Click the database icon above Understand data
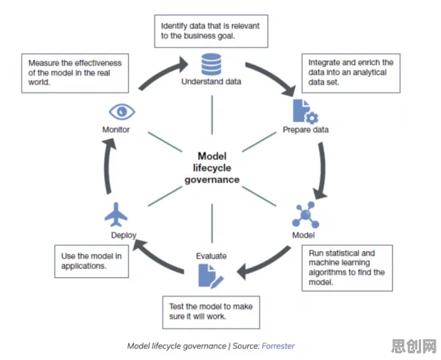[x=211, y=64]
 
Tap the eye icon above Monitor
[x=122, y=112]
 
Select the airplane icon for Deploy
[x=116, y=215]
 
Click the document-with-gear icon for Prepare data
[x=306, y=112]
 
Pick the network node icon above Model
[x=306, y=215]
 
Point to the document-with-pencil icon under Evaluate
[x=211, y=276]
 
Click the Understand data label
[x=211, y=81]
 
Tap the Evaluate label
[x=211, y=256]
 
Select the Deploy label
[x=124, y=236]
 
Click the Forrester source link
[x=278, y=346]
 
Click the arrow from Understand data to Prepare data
[x=274, y=76]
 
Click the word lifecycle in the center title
[x=212, y=168]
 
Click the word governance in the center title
[x=212, y=180]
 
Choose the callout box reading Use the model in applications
[x=92, y=261]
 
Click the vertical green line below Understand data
[x=212, y=115]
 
